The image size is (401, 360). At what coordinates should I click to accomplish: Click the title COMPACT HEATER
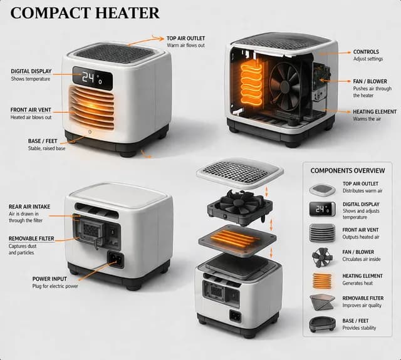click(85, 13)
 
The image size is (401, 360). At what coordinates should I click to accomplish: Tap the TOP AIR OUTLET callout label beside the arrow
click(185, 38)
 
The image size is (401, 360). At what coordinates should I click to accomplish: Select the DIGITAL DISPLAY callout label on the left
click(31, 71)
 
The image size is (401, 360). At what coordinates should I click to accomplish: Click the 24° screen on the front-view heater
click(93, 78)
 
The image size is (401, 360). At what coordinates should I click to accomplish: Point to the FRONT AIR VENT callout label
click(31, 110)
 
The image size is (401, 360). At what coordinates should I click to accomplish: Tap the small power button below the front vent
click(90, 132)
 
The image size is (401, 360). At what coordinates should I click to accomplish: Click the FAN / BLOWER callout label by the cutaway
click(370, 81)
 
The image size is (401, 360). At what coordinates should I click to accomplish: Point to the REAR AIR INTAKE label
click(29, 207)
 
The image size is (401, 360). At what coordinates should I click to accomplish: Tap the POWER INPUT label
click(49, 279)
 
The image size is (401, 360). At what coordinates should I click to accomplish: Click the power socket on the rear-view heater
click(115, 260)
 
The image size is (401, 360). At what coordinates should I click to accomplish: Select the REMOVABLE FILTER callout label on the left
click(31, 239)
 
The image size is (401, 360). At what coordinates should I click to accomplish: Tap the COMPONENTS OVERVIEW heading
click(348, 171)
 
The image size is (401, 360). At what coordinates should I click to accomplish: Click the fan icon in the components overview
click(322, 257)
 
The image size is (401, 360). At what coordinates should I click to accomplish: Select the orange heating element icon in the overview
click(322, 280)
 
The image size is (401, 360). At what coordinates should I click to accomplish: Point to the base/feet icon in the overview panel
click(322, 324)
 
